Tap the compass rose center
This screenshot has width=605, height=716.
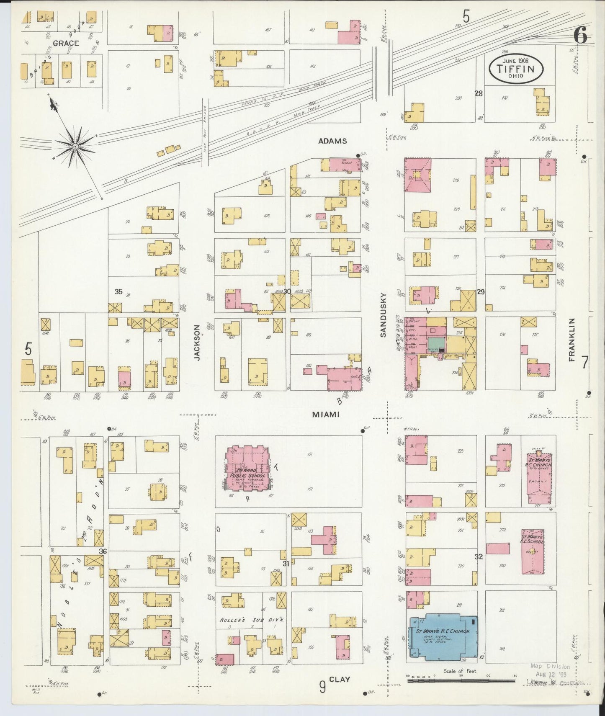click(x=75, y=146)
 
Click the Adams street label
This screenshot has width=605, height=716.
click(x=332, y=141)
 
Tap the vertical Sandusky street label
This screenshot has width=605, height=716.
click(x=383, y=314)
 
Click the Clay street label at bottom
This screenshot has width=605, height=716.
click(x=339, y=680)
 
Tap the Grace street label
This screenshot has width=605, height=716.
click(x=66, y=43)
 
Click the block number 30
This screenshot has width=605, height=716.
click(x=287, y=291)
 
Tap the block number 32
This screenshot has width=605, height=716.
click(x=479, y=556)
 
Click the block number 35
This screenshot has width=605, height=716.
click(x=118, y=291)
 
